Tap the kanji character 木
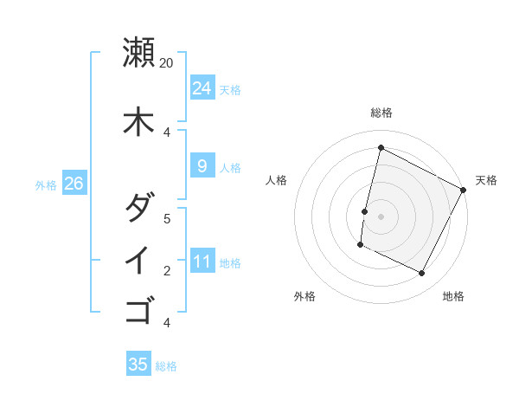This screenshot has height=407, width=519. (138, 121)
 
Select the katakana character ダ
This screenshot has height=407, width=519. (138, 209)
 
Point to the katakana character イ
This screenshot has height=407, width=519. (138, 260)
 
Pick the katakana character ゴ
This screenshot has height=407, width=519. (138, 308)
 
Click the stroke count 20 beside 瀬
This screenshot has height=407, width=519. (167, 63)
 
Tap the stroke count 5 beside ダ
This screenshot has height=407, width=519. (167, 218)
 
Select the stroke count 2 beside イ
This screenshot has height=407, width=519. (167, 270)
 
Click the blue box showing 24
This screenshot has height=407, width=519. (202, 87)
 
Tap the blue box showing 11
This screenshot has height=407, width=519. (202, 261)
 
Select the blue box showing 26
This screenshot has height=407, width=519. (74, 184)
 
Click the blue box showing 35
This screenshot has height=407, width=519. (138, 365)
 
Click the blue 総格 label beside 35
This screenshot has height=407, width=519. (166, 366)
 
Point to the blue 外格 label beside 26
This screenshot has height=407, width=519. (46, 184)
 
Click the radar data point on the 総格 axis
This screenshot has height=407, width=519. (381, 148)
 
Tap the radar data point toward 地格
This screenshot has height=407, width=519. (422, 274)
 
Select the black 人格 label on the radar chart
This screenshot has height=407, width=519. (277, 180)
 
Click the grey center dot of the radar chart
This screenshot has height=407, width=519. (381, 216)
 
